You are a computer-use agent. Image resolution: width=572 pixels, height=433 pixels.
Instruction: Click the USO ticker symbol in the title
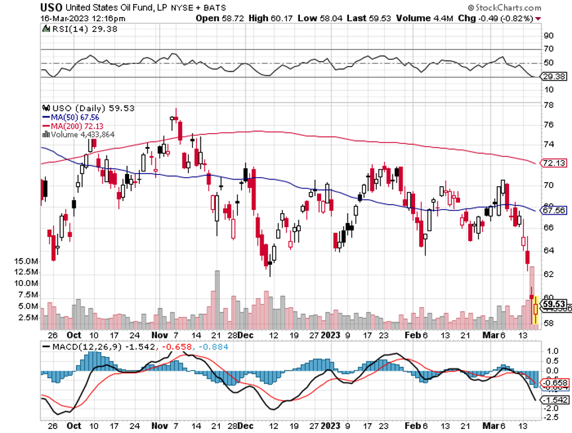pyautogui.click(x=50, y=7)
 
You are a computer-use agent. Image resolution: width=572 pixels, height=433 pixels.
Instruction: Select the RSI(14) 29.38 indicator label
pyautogui.click(x=75, y=30)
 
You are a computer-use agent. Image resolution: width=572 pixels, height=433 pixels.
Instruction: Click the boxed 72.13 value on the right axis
pyautogui.click(x=553, y=163)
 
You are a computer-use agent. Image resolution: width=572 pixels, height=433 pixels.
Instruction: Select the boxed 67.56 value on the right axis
pyautogui.click(x=553, y=211)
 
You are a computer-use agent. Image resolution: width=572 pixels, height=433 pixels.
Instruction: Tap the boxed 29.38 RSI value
pyautogui.click(x=553, y=77)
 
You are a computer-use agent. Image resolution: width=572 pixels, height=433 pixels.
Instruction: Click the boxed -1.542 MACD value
pyautogui.click(x=553, y=400)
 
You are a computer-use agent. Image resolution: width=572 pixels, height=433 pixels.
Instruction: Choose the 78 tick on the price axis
pyautogui.click(x=549, y=105)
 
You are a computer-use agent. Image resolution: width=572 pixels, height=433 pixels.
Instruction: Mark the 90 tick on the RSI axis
pyautogui.click(x=549, y=36)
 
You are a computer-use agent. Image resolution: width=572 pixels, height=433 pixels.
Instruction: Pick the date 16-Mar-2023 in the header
pyautogui.click(x=64, y=19)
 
